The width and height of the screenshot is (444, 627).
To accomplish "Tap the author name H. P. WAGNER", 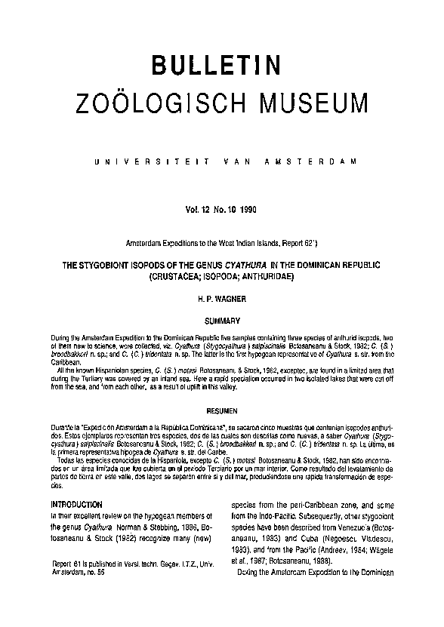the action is point(221,300).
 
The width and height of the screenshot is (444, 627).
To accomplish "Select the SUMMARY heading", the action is point(221,320).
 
